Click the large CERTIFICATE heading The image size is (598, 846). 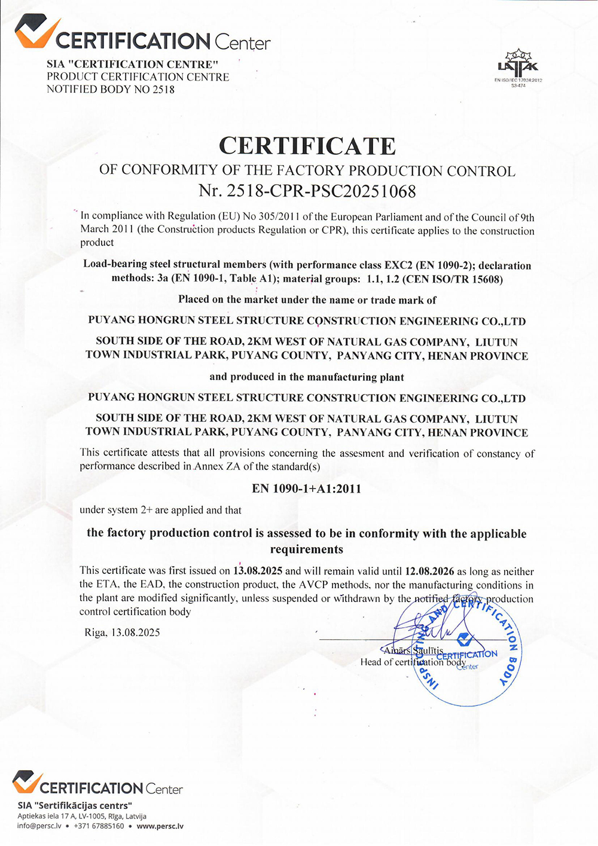coord(307,146)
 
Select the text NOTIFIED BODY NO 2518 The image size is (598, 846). coord(111,90)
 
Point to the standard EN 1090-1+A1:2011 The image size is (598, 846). coord(307,488)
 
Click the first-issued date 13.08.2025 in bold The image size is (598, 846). coord(258,571)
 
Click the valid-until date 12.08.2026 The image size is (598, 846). coord(429,572)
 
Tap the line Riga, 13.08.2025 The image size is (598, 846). coord(122,633)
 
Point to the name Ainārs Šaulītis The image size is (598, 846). coord(414,650)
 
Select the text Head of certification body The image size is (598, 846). coord(413,662)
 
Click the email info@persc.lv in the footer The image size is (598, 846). coord(39,826)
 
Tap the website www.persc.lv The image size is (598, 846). coord(160,826)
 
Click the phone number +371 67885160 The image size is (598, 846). coord(99,826)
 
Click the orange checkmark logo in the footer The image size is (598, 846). coord(27,782)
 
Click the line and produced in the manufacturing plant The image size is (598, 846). coord(307,377)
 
